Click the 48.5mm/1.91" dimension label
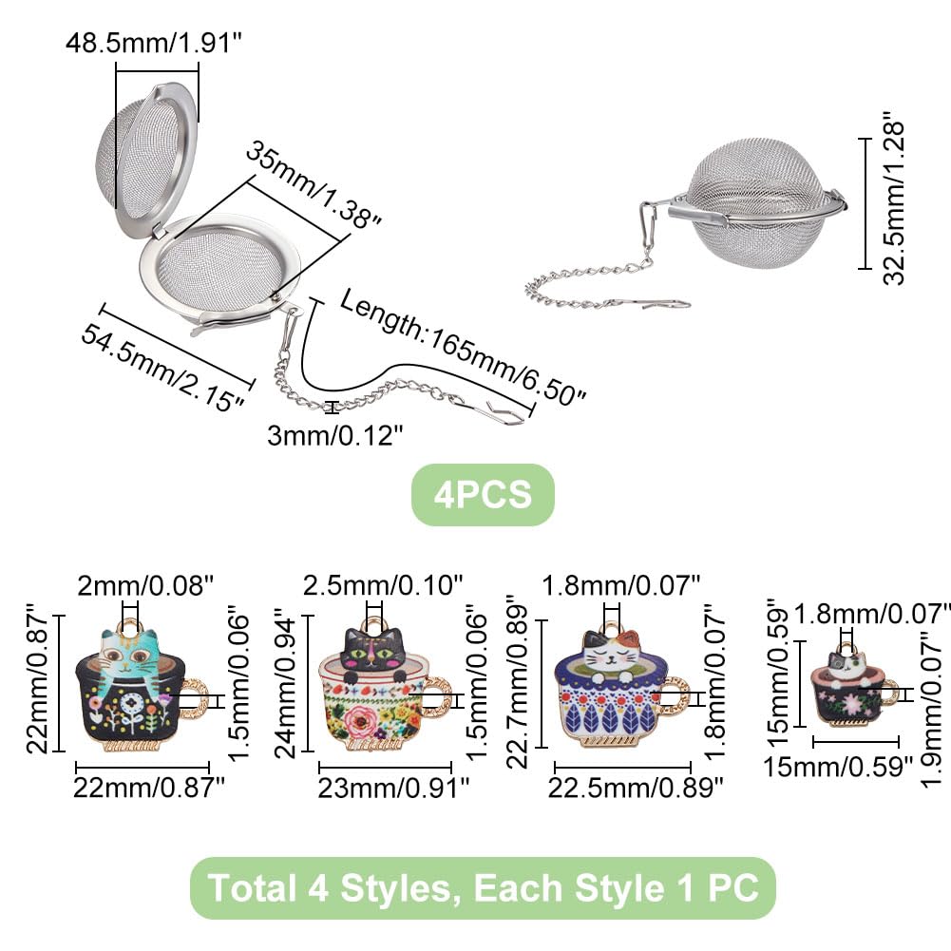[x=154, y=43]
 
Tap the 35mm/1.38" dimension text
[x=313, y=184]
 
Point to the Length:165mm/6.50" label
[x=462, y=347]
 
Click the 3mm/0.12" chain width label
[x=334, y=435]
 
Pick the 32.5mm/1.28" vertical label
[x=893, y=199]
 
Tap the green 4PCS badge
[x=483, y=494]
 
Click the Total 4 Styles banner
[x=483, y=888]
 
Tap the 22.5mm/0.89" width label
[x=636, y=788]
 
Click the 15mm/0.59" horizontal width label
[x=838, y=767]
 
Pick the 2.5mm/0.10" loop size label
[x=383, y=585]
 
